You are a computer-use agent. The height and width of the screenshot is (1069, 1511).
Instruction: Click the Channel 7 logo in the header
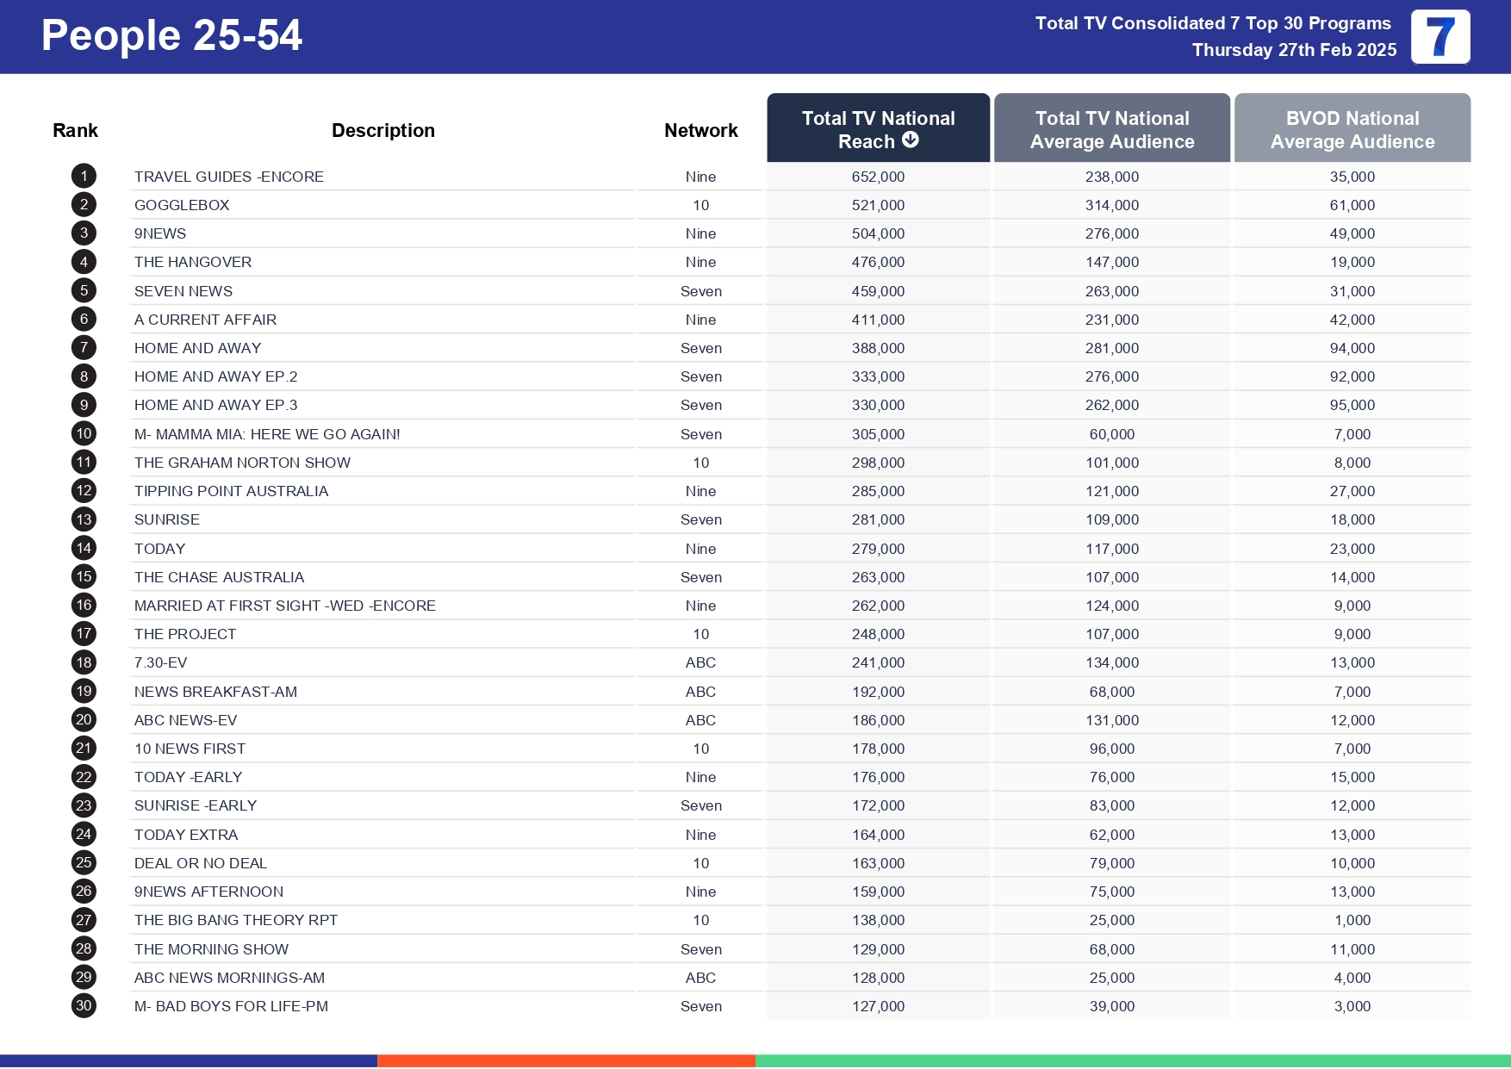tap(1439, 37)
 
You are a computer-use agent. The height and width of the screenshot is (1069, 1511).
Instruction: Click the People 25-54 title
tap(171, 36)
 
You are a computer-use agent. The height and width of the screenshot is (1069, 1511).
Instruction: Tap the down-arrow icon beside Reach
tap(911, 140)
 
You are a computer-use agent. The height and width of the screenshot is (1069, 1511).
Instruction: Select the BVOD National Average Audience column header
tap(1352, 129)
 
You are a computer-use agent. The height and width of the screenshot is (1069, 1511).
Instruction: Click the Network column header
tap(700, 130)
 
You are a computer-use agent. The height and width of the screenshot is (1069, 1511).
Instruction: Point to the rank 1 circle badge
tap(84, 177)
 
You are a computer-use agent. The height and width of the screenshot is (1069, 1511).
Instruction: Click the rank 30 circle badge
tap(84, 1005)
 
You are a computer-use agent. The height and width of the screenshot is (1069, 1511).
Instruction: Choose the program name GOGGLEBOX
tap(182, 205)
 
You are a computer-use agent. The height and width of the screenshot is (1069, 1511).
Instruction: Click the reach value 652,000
tap(878, 177)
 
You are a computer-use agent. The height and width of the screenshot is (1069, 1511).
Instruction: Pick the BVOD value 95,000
tap(1352, 405)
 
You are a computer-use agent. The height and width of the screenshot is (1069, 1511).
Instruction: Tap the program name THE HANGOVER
tap(193, 262)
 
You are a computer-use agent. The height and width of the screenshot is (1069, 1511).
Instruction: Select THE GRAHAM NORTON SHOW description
tap(242, 463)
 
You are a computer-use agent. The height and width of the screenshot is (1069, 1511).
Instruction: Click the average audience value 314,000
tap(1111, 205)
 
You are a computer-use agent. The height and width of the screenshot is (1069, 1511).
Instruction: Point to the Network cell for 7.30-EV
tap(700, 662)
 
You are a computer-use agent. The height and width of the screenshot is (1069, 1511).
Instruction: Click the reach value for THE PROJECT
tap(878, 634)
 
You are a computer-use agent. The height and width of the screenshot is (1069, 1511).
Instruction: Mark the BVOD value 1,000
tap(1352, 920)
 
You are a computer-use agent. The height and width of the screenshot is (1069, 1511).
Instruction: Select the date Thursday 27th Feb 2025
tap(1294, 50)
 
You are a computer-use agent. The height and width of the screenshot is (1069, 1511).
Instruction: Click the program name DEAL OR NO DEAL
tap(201, 863)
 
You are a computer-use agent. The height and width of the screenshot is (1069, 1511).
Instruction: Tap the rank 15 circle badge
tap(84, 576)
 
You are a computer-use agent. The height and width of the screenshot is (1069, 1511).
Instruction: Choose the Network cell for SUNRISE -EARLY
tap(700, 805)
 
